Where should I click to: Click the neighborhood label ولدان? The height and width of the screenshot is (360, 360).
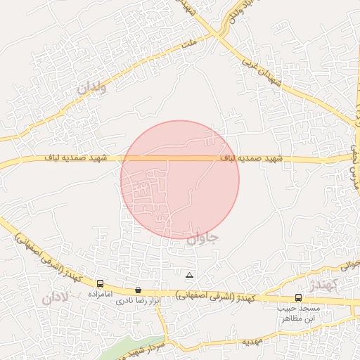92,89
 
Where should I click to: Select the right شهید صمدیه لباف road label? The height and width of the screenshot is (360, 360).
251,160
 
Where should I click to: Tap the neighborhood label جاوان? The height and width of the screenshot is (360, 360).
202,238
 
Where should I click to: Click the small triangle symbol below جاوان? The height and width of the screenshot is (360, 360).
188,275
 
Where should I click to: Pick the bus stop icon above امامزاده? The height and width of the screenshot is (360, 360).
99,283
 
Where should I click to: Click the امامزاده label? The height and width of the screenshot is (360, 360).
101,294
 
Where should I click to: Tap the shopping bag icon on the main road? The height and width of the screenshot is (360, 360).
137,290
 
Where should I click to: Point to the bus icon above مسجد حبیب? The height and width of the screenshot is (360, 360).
298,297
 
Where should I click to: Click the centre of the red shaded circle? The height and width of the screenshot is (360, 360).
180,179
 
